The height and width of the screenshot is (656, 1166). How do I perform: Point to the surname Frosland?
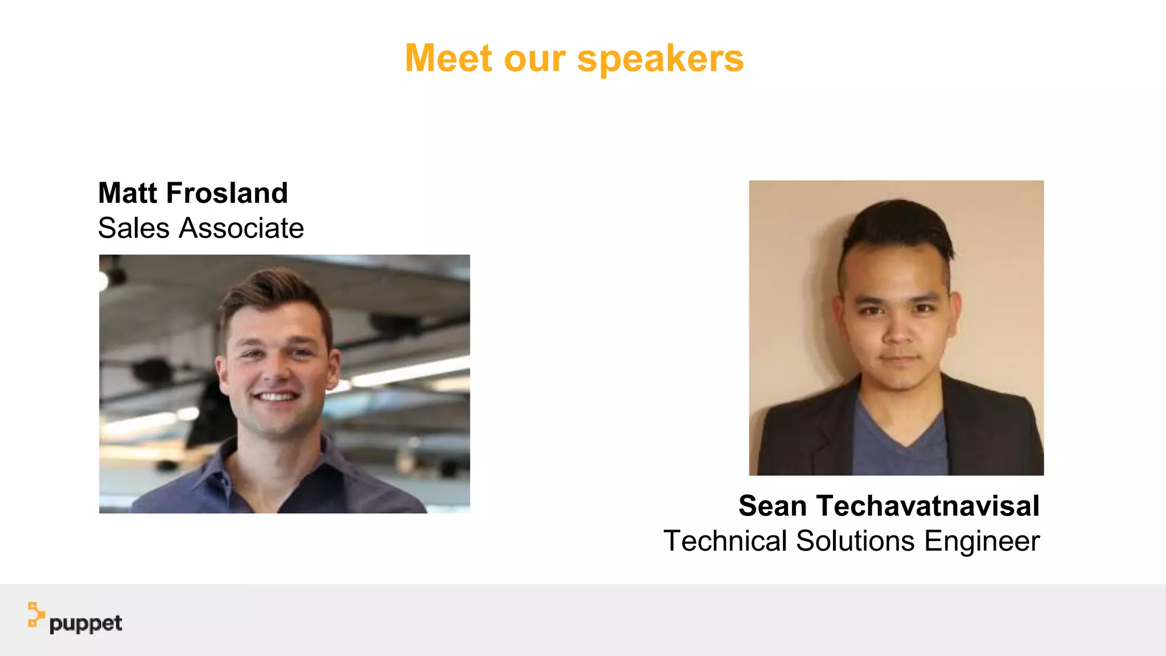coord(227,193)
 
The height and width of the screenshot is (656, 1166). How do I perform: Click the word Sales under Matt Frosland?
coord(134,228)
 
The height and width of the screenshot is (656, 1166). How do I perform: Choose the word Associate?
coord(241,228)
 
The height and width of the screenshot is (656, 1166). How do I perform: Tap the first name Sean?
coord(773,506)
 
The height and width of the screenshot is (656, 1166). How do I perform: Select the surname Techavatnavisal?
coord(928,506)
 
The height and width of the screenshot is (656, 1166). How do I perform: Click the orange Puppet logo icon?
coord(36,615)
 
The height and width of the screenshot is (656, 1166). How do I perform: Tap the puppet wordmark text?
coord(85,624)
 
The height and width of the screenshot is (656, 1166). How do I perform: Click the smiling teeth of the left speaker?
coord(276,396)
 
